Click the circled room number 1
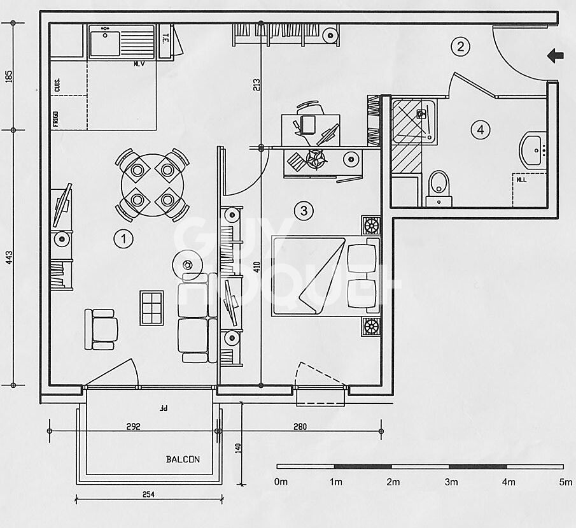click(x=123, y=239)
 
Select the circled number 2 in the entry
click(x=460, y=46)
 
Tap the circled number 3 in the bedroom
click(x=304, y=210)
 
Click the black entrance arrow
click(x=556, y=57)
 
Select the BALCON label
click(x=183, y=459)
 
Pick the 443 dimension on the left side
click(x=9, y=257)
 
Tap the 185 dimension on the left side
click(x=9, y=76)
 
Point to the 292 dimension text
click(x=133, y=426)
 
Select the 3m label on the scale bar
click(x=451, y=482)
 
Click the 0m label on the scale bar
click(x=281, y=482)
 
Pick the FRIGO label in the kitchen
click(x=56, y=119)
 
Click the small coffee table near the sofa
click(x=152, y=308)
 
